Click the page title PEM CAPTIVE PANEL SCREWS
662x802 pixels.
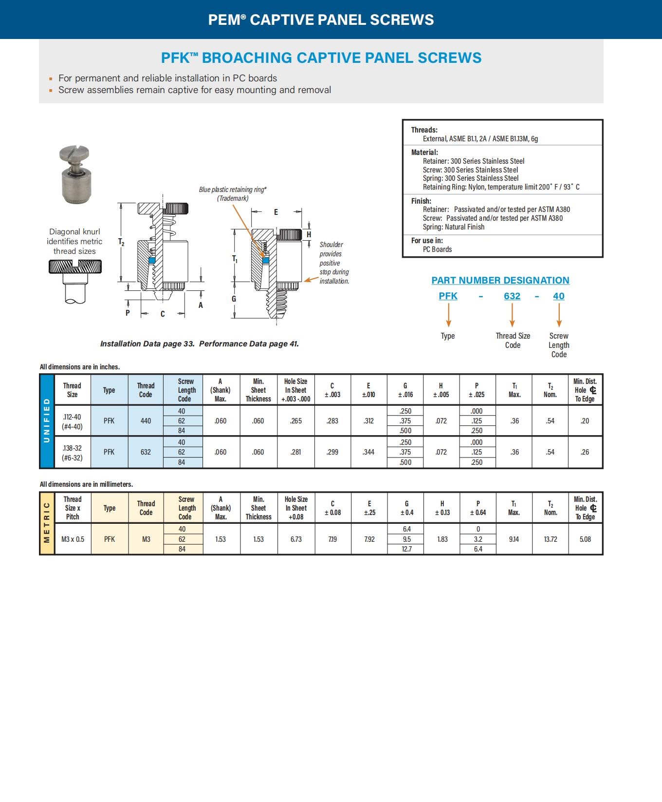tap(321, 19)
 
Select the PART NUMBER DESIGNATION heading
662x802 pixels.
tap(500, 280)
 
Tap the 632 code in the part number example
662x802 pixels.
tap(512, 296)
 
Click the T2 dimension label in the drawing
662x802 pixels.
tap(121, 242)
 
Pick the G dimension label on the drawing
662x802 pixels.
tap(234, 299)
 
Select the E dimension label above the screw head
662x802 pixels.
tap(276, 212)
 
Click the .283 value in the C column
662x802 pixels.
tap(332, 421)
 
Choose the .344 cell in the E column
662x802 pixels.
tap(368, 452)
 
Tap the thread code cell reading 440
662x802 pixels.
tap(146, 421)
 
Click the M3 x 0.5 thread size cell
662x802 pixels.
tap(73, 539)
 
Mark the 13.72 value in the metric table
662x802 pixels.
tap(551, 539)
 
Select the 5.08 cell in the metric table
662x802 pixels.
tap(585, 539)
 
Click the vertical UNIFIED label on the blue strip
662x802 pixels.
tap(47, 420)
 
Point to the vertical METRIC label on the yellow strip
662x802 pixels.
tap(47, 523)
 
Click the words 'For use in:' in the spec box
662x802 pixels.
tap(427, 240)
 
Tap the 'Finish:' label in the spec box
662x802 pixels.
tap(421, 201)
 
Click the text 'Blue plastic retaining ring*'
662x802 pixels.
tap(233, 190)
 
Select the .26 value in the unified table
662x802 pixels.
tap(585, 452)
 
